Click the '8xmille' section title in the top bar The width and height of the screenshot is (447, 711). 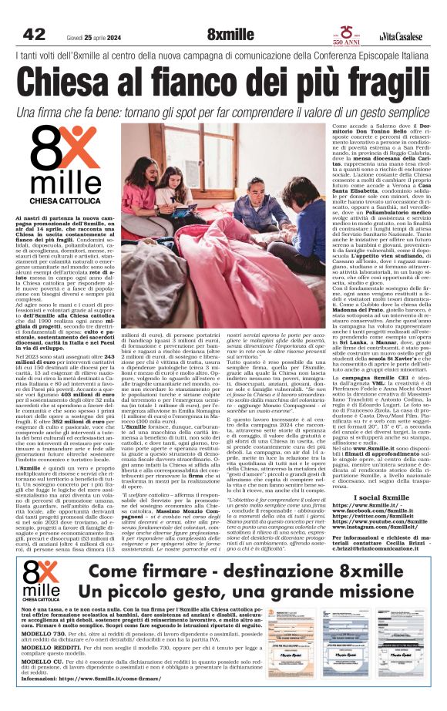230,34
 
